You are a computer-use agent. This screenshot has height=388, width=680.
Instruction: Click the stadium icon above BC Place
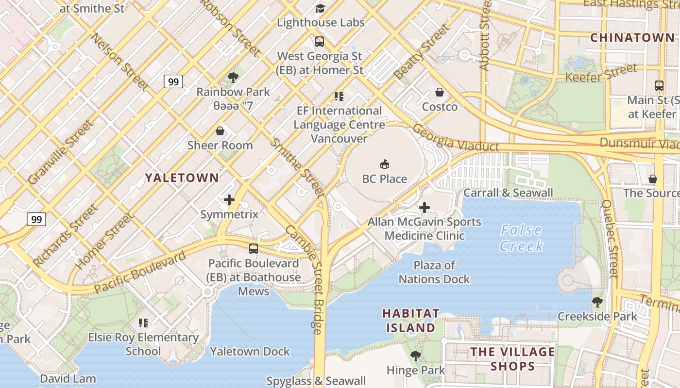384,164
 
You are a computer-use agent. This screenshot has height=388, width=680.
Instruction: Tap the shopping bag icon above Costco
440,92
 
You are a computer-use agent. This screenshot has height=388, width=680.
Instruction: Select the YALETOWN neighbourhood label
182,178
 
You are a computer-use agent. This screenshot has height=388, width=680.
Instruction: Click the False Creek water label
522,238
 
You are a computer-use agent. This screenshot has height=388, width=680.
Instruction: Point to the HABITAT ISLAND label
410,321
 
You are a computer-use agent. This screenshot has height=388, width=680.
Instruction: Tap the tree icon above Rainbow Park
233,77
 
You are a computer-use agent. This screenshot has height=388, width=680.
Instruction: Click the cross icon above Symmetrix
229,200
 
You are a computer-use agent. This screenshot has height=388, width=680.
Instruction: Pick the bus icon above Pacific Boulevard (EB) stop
254,249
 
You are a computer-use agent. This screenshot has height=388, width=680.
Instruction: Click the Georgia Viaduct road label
456,139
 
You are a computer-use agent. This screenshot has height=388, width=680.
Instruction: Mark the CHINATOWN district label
632,38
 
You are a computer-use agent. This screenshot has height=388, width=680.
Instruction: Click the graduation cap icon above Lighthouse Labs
320,8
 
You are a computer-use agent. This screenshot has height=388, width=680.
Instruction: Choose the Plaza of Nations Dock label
434,272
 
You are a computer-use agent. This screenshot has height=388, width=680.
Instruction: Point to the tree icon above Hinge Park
416,356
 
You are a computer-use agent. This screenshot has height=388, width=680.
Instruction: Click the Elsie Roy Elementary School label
143,344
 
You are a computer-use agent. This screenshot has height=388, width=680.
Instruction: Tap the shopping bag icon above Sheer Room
220,131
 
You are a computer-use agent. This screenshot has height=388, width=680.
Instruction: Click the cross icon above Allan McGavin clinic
425,208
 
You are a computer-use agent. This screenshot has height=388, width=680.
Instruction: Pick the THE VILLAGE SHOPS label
512,358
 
